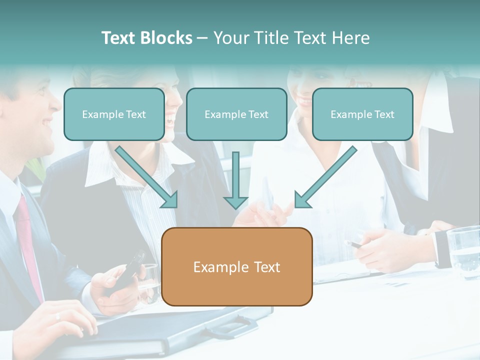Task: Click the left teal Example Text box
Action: (x=114, y=114)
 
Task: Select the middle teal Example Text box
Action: (x=236, y=114)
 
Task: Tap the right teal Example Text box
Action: (x=362, y=114)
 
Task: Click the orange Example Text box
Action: (x=237, y=266)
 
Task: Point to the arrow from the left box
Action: (x=147, y=177)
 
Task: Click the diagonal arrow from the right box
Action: (x=325, y=177)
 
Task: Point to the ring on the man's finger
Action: (x=57, y=316)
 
